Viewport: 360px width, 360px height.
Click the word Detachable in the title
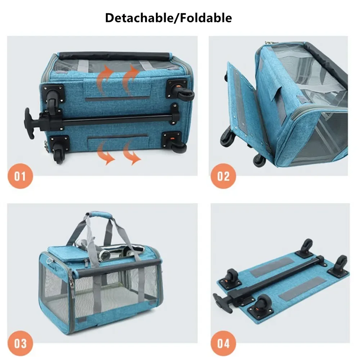(x=139, y=18)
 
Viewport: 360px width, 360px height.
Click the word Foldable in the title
(x=206, y=18)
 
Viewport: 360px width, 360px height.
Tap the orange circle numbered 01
(x=20, y=176)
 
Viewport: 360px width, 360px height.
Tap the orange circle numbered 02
(x=224, y=176)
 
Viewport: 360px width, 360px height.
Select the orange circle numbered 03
(x=20, y=343)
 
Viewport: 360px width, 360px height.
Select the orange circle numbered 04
(x=224, y=343)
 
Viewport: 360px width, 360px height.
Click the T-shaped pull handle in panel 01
(x=30, y=123)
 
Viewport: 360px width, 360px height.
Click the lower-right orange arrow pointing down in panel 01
(x=131, y=153)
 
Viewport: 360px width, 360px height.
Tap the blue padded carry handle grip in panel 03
(x=100, y=216)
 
